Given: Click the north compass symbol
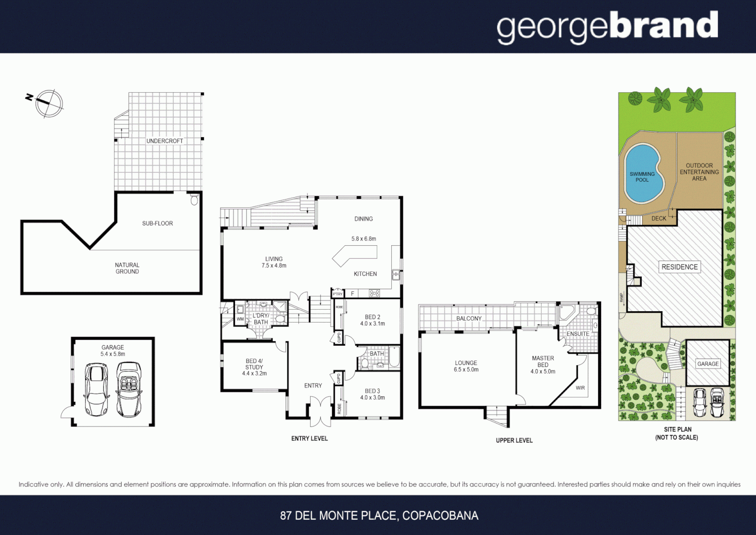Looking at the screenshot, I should tap(49, 103).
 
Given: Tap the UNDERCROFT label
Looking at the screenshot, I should tap(164, 141).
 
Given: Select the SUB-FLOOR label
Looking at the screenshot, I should tap(157, 223).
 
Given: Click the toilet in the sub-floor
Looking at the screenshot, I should tap(194, 200).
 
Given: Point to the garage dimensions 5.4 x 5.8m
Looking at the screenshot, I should tap(113, 354).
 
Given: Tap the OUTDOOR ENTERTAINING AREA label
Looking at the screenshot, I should tap(699, 172).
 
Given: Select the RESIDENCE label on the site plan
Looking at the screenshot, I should tap(679, 267).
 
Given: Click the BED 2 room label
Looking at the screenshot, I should tap(373, 317).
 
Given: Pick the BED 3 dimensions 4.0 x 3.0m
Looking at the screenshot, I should tap(373, 397).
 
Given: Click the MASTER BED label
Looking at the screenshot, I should tap(543, 361).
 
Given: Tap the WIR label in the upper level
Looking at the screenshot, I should tap(580, 388).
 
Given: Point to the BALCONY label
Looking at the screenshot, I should tap(469, 319).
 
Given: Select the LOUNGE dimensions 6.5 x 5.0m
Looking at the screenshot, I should tap(466, 370).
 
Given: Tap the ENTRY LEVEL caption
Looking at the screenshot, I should tap(309, 438).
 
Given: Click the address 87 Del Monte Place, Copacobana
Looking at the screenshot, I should tap(379, 516).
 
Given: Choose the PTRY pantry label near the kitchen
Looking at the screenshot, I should tap(337, 294).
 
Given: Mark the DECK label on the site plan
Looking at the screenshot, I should tap(659, 218).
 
